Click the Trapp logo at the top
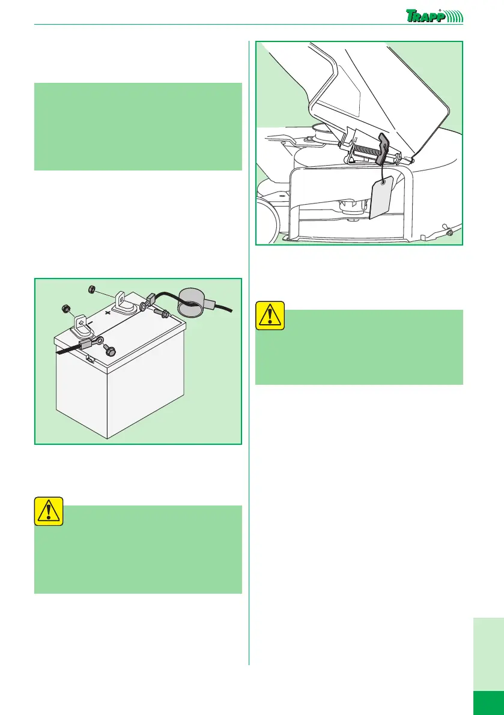(x=434, y=16)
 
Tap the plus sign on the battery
(x=108, y=313)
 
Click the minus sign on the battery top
(x=91, y=322)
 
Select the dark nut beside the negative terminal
(x=65, y=309)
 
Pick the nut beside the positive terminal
(x=91, y=289)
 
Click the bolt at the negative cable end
(x=109, y=350)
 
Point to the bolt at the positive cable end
(x=162, y=313)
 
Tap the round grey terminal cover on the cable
(x=192, y=301)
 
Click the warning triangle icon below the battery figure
(x=48, y=511)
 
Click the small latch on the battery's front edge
(x=91, y=360)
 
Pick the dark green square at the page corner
(x=488, y=702)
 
